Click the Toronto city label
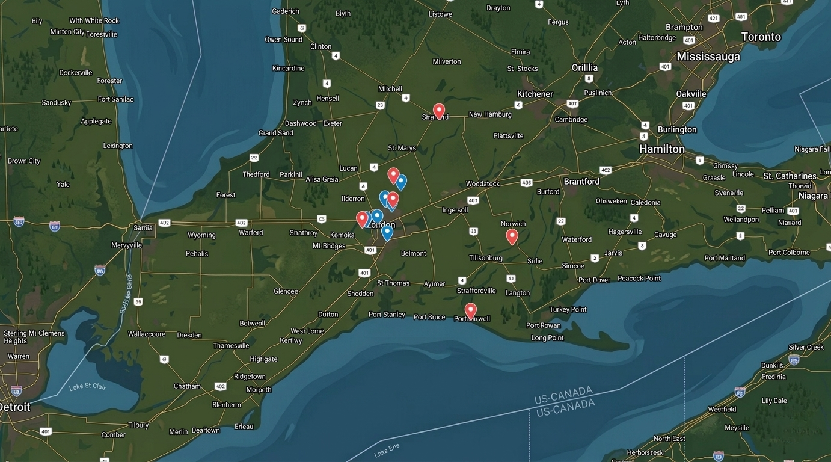click(x=761, y=37)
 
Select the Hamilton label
click(x=661, y=149)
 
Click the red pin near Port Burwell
click(x=470, y=310)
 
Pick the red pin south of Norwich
click(x=512, y=236)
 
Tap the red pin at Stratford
click(x=439, y=111)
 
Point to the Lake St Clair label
click(x=87, y=386)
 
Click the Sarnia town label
click(x=143, y=228)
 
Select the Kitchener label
click(x=535, y=94)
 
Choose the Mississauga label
click(x=708, y=57)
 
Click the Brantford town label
click(x=581, y=181)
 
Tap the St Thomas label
click(x=393, y=283)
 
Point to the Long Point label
click(x=547, y=338)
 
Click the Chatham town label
click(x=187, y=386)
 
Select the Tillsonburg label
click(x=486, y=258)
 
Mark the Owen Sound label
click(x=283, y=40)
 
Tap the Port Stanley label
click(x=387, y=315)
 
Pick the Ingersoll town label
click(x=455, y=210)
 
